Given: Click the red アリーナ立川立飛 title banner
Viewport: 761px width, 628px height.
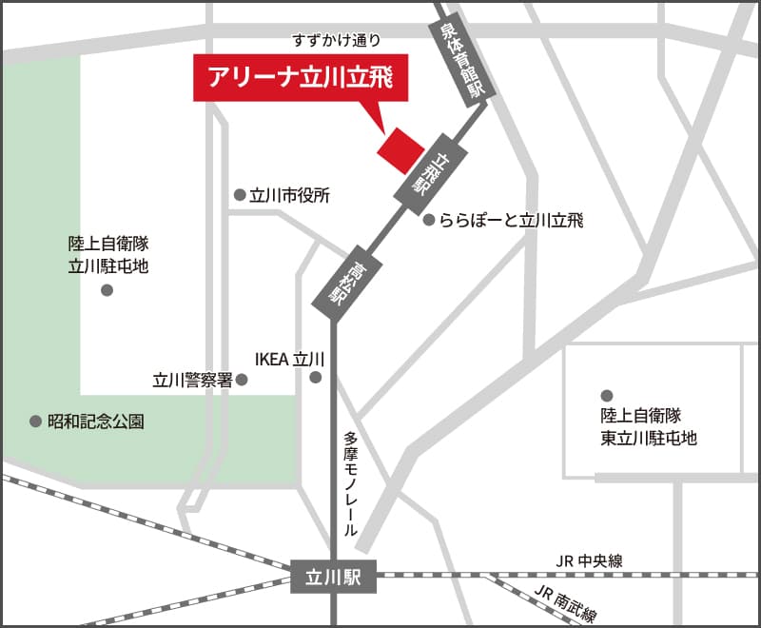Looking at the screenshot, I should [x=301, y=79].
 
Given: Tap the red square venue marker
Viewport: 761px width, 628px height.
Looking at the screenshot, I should [x=400, y=150].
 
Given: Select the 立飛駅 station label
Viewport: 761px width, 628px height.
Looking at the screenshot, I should [x=421, y=172].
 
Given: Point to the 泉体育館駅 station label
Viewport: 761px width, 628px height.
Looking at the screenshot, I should [x=460, y=60].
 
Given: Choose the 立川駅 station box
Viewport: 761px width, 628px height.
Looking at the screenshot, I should [x=334, y=575].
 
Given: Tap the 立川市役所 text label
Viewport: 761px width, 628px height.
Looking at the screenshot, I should [x=289, y=196].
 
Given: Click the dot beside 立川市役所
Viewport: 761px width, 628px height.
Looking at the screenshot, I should [x=240, y=195].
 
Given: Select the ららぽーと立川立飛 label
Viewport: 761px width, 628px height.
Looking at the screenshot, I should [x=511, y=221].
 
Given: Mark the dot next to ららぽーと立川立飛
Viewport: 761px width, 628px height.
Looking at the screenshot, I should [x=429, y=220].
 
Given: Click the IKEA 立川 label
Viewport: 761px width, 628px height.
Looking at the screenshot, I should [x=290, y=359].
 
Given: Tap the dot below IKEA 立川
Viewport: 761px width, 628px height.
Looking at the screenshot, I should [x=316, y=378].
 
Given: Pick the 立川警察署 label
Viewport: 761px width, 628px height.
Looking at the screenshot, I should [x=192, y=380].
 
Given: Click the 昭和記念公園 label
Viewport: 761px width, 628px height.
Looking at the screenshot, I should [x=96, y=421].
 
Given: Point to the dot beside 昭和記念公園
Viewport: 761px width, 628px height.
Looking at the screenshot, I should [x=36, y=420].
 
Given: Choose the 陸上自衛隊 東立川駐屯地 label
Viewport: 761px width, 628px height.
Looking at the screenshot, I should [x=649, y=426].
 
